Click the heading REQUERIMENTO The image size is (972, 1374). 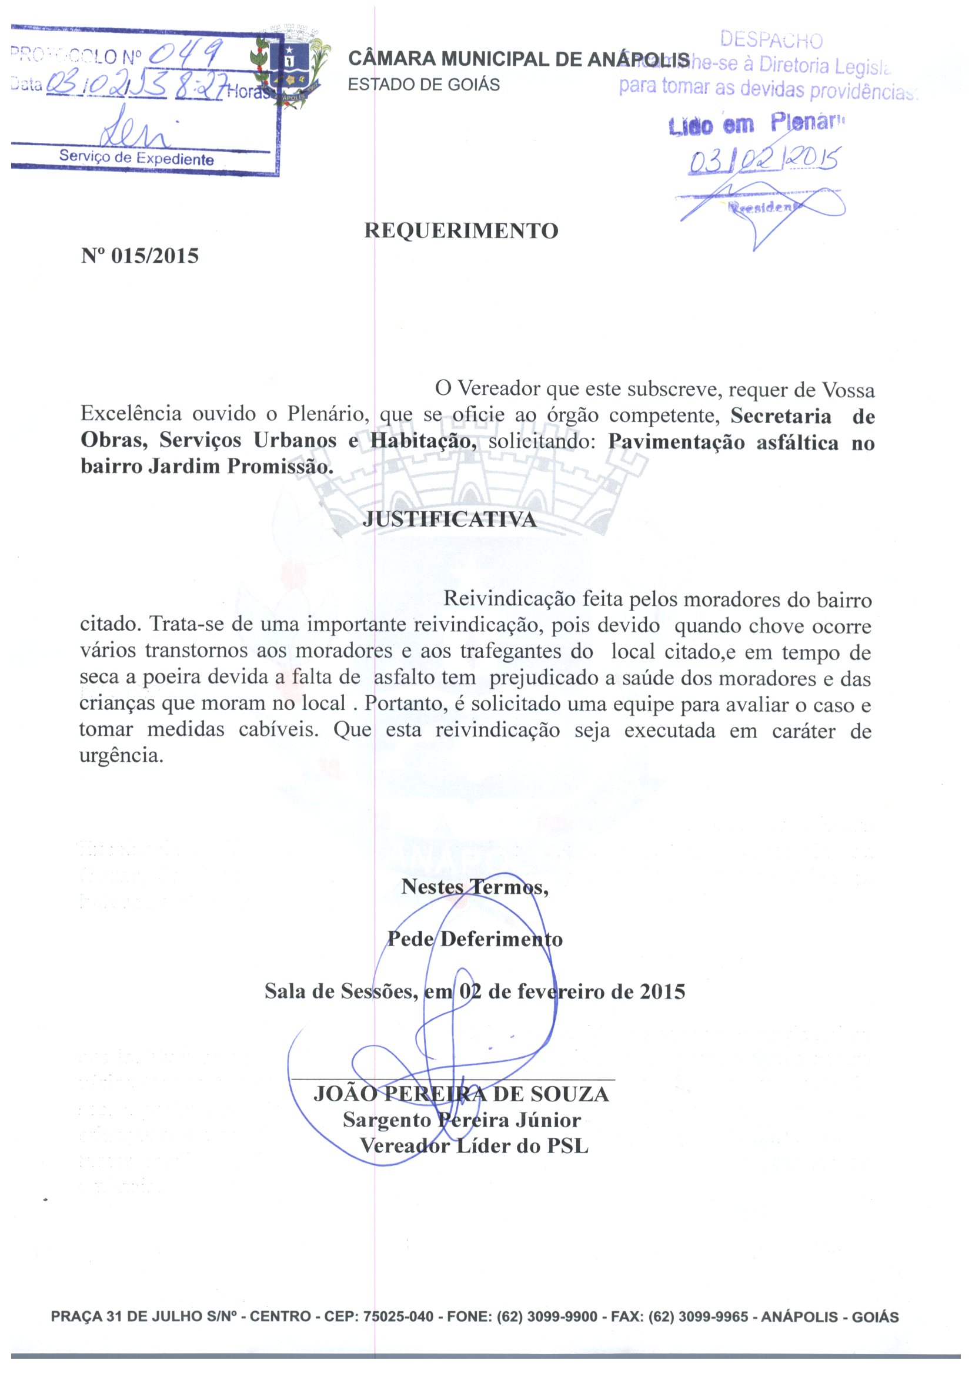(x=461, y=230)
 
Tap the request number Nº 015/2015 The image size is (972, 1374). (x=139, y=256)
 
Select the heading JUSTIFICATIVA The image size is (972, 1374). (x=449, y=520)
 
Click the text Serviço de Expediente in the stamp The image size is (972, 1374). (x=136, y=158)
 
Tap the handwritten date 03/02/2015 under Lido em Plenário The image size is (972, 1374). (x=764, y=160)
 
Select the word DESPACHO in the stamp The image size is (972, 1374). (x=771, y=40)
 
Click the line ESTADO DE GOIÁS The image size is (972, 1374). (x=423, y=85)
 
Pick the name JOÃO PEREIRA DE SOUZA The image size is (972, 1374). (x=461, y=1094)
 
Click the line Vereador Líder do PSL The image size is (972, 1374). (x=474, y=1146)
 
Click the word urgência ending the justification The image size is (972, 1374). (x=121, y=755)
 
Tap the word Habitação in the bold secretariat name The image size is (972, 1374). (x=423, y=441)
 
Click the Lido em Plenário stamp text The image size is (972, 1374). (x=757, y=124)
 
